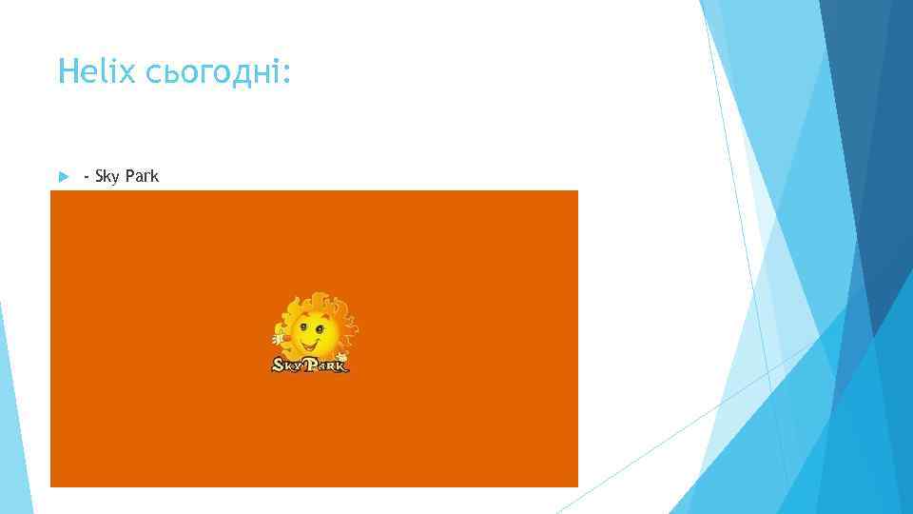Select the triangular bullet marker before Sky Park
[x=63, y=177]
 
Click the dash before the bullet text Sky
[x=87, y=177]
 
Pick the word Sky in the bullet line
[x=107, y=177]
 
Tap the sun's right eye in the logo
[x=320, y=328]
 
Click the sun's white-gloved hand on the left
[x=279, y=337]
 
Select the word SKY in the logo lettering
[x=287, y=364]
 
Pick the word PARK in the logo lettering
[x=326, y=364]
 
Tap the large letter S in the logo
[x=279, y=364]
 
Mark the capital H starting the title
[x=65, y=71]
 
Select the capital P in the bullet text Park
[x=127, y=176]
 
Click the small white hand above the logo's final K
[x=341, y=355]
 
